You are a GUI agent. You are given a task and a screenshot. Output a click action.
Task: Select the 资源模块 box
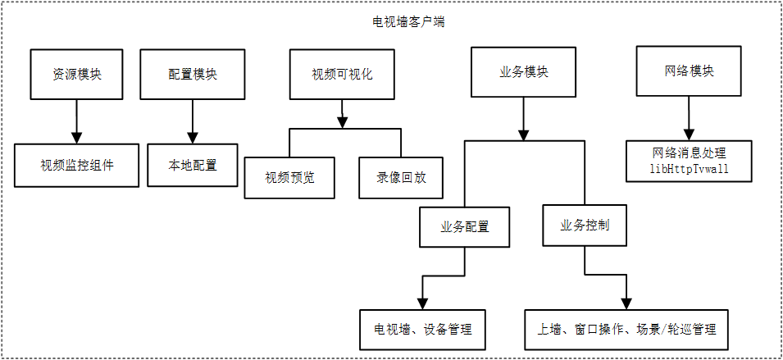pyautogui.click(x=77, y=74)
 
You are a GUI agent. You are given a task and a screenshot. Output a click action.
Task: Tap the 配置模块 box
pyautogui.click(x=193, y=74)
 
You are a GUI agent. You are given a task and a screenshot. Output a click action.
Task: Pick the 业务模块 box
pyautogui.click(x=524, y=71)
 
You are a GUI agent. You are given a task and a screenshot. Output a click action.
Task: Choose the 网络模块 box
pyautogui.click(x=689, y=71)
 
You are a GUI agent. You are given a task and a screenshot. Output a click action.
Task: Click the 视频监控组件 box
pyautogui.click(x=77, y=165)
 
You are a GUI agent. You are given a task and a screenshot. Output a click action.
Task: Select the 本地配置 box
pyautogui.click(x=193, y=165)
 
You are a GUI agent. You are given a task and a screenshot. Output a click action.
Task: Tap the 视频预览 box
pyautogui.click(x=289, y=177)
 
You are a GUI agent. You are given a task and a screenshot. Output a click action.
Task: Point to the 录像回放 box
pyautogui.click(x=401, y=177)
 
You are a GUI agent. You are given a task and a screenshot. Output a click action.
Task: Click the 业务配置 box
pyautogui.click(x=465, y=226)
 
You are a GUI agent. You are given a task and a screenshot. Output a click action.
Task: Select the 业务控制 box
pyautogui.click(x=585, y=225)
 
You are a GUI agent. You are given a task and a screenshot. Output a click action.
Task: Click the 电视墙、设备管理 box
pyautogui.click(x=423, y=330)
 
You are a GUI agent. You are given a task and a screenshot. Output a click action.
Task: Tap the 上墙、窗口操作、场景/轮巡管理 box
pyautogui.click(x=626, y=330)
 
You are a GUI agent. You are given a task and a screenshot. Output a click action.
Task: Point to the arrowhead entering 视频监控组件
pyautogui.click(x=77, y=136)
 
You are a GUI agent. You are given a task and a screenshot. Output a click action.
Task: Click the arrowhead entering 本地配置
pyautogui.click(x=193, y=136)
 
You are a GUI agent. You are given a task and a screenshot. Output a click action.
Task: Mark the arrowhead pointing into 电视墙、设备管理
pyautogui.click(x=423, y=303)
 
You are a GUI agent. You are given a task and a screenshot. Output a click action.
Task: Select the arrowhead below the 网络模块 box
pyautogui.click(x=689, y=132)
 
